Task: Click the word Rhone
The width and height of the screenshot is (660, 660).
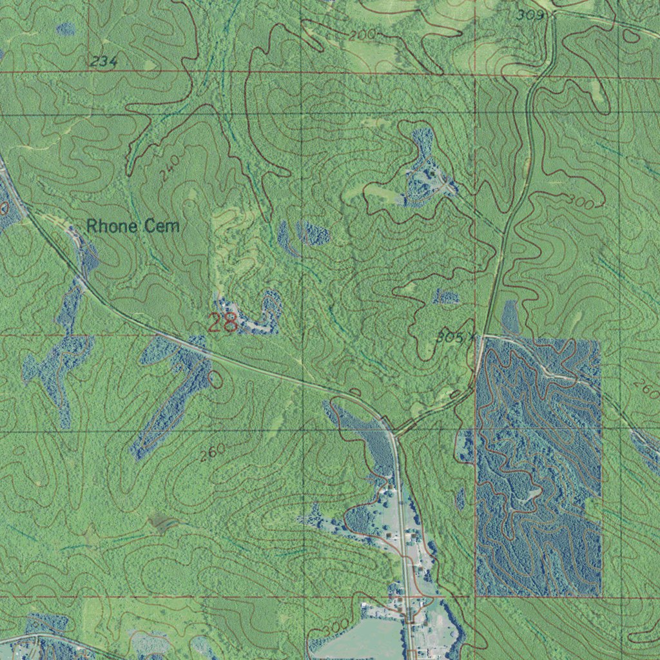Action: point(112,226)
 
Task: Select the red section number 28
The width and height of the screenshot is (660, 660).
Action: point(222,322)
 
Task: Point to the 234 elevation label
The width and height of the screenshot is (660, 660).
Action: point(103,61)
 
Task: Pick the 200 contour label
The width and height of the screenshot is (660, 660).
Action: point(362,35)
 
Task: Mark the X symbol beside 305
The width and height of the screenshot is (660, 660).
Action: point(472,336)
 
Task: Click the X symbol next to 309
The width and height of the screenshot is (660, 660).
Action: point(550,14)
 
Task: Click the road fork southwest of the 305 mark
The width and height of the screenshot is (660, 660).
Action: point(394,433)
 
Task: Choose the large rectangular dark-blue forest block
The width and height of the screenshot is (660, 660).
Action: point(538,467)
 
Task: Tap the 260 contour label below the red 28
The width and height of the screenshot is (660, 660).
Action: point(212,452)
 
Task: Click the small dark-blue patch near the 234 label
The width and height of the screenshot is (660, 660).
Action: point(65,29)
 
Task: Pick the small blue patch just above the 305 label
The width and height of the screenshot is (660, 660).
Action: point(446,297)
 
